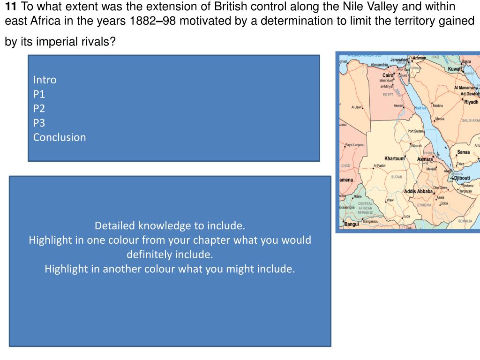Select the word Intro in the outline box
tap(45, 80)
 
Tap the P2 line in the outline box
tap(39, 108)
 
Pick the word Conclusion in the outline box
tap(60, 137)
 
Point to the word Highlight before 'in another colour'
tap(66, 269)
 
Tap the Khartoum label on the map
tap(394, 158)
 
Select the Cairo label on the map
tap(388, 75)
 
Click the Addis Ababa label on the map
tap(418, 192)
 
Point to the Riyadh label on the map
tap(471, 102)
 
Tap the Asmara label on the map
tap(425, 159)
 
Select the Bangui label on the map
tap(352, 224)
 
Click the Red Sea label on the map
tap(421, 108)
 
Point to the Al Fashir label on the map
tap(380, 166)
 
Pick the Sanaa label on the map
tap(463, 152)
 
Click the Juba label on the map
tap(407, 216)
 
